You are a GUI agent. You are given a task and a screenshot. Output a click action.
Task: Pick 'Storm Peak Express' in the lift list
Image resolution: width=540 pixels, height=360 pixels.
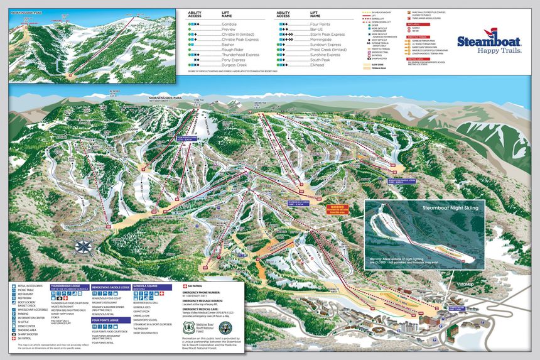327,34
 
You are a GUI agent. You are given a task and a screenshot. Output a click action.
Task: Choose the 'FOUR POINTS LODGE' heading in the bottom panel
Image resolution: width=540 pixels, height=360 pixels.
105,320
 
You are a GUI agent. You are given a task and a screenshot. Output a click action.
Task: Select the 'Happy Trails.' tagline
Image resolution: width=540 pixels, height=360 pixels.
499,50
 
